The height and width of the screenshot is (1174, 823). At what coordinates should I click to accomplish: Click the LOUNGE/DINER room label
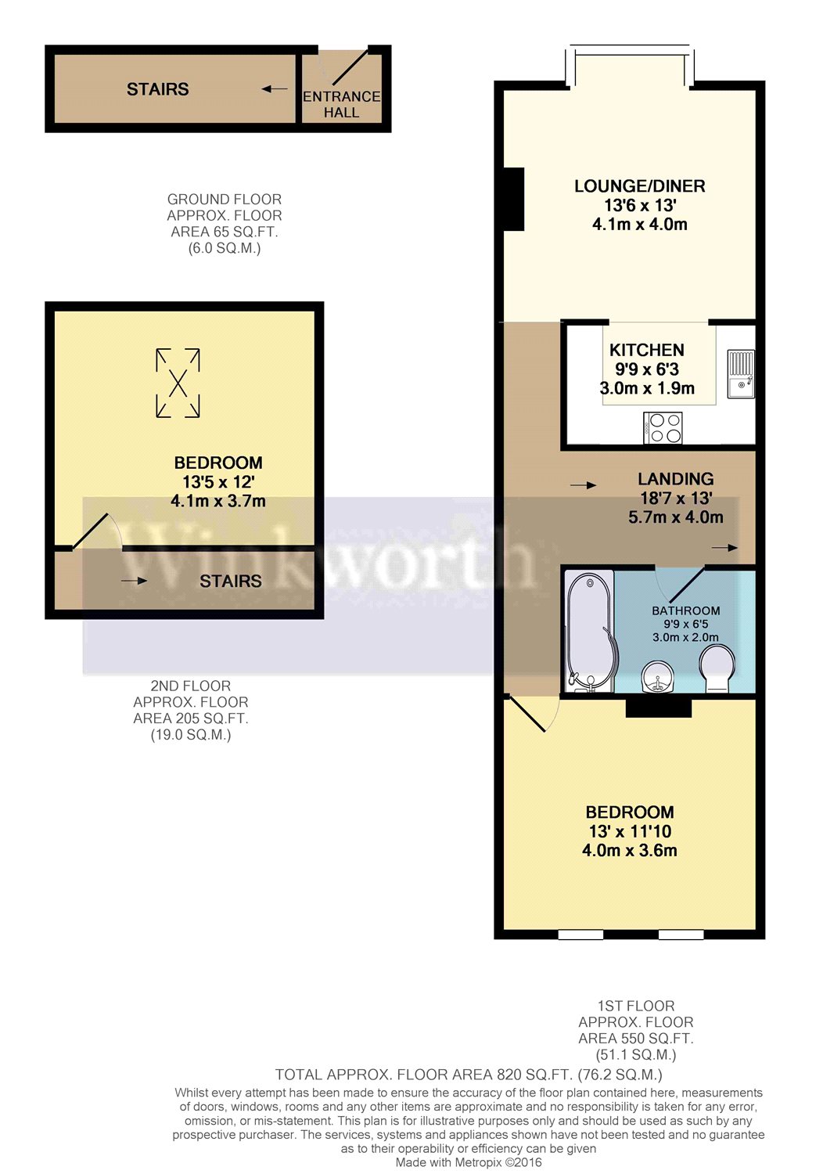[x=639, y=186]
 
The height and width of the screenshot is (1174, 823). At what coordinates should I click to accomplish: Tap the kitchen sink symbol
[x=741, y=374]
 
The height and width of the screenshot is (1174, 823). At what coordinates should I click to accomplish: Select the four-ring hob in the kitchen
[x=664, y=429]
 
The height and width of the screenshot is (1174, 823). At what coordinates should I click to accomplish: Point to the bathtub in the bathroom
[x=589, y=630]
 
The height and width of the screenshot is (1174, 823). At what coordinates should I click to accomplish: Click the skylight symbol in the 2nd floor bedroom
[x=178, y=383]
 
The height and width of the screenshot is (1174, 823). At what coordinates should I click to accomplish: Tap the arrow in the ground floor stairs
[x=274, y=89]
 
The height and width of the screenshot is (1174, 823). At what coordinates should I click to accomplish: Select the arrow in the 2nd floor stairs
[x=134, y=581]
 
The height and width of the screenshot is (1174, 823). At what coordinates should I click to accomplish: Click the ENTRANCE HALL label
[x=341, y=104]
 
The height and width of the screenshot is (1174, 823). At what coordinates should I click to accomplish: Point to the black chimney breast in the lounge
[x=513, y=199]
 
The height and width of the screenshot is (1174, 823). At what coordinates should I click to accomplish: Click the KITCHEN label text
[x=646, y=350]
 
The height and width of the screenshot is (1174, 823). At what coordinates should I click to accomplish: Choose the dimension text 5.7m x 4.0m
[x=675, y=517]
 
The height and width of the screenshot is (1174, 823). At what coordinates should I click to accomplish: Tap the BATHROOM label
[x=685, y=610]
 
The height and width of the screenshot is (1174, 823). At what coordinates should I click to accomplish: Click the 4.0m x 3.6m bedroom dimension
[x=629, y=851]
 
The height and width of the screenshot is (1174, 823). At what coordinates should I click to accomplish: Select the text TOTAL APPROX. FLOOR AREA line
[x=468, y=1075]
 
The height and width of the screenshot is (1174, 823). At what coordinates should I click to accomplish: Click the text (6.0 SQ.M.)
[x=224, y=248]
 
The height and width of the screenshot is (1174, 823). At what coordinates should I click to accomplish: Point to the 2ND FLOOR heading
[x=190, y=686]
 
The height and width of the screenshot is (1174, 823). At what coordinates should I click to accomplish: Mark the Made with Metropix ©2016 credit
[x=468, y=1162]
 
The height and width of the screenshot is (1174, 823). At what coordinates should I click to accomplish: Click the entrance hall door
[x=349, y=67]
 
